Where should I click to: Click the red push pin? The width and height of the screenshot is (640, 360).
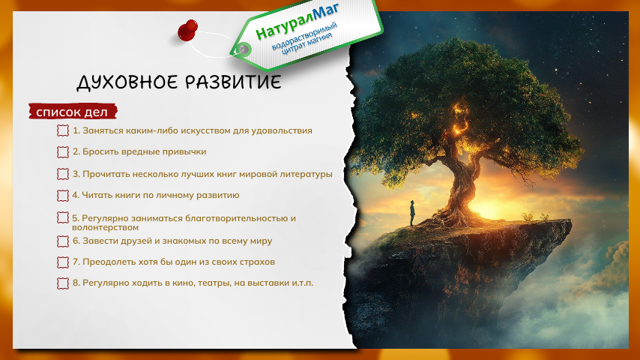coord(187,31)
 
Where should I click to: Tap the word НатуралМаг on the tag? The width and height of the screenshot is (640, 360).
coord(297,20)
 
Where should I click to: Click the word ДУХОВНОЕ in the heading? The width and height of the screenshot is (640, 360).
coord(127,82)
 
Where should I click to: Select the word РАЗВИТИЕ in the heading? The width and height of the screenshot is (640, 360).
coord(233,82)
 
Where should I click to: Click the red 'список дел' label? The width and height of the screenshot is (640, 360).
coord(73,112)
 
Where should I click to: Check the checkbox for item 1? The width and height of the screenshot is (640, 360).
coord(62,130)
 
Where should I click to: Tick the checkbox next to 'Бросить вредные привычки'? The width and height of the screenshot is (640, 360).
coord(62,152)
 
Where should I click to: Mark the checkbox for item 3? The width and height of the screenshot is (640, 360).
coord(62,174)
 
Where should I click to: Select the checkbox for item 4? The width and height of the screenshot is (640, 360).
coord(62,196)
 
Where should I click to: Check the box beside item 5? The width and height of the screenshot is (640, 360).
coord(62,217)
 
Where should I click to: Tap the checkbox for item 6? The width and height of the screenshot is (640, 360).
coord(62,241)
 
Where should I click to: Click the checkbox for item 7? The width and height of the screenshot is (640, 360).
coord(62,262)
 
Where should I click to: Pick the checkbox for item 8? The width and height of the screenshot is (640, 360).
coord(62,283)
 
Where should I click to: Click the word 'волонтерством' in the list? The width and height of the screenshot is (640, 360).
coord(106,227)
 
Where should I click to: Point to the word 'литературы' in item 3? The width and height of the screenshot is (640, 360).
coord(306,174)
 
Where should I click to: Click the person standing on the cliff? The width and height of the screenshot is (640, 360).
coord(412,213)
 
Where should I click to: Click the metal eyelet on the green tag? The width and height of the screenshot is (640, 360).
coord(244,49)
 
